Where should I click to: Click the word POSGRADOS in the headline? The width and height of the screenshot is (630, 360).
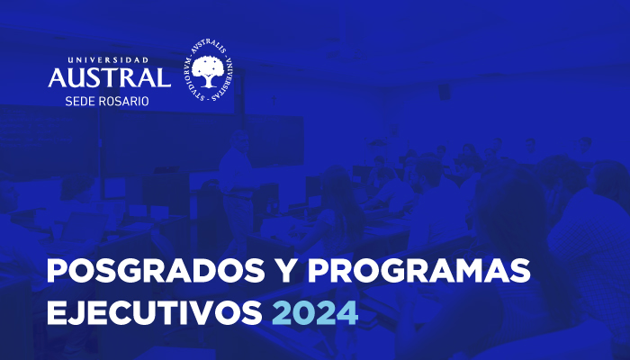156,271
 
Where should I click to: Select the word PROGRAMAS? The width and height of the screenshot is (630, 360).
419,271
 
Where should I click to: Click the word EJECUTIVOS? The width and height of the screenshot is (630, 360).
155,313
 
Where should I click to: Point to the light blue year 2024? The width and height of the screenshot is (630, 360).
315,313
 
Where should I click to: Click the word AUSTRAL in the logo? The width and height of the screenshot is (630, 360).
110,77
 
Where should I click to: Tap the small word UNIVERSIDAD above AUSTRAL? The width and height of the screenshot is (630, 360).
109,60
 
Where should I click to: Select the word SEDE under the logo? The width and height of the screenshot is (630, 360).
79,101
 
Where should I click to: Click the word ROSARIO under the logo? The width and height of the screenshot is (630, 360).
123,101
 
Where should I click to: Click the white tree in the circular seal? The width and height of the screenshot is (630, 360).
207,71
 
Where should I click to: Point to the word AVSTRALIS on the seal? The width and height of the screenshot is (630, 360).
208,47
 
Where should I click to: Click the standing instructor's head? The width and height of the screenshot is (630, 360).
239,139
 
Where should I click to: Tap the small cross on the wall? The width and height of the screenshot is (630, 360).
274,100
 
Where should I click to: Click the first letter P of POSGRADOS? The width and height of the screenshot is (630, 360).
56,271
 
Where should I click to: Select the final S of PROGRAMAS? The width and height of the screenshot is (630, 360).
520,271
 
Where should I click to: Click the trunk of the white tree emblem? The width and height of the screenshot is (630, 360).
207,81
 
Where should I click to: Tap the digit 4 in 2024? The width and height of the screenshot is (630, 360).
347,313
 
